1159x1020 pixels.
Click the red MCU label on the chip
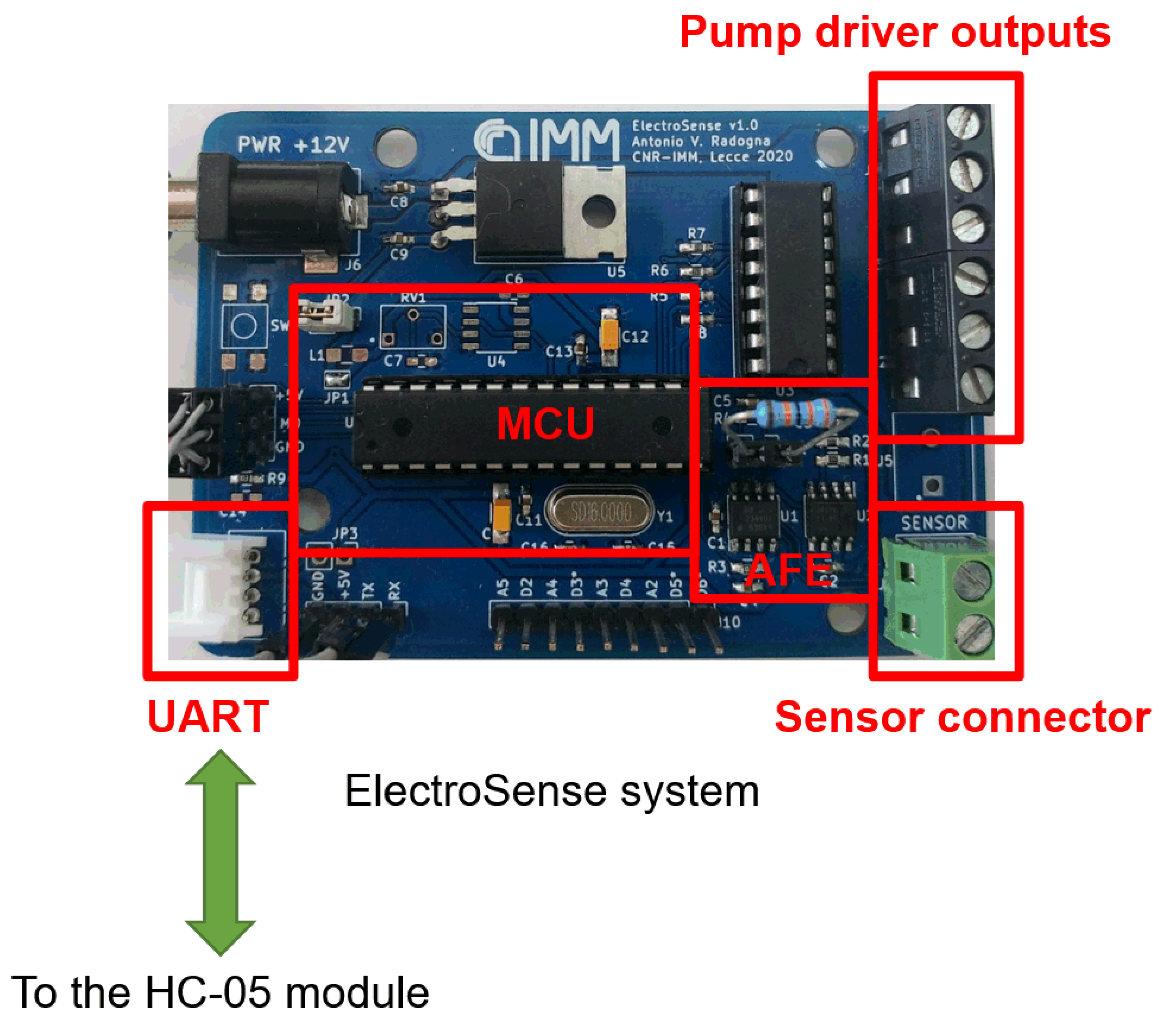[545, 424]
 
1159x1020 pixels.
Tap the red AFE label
[788, 569]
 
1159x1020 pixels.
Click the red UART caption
[208, 717]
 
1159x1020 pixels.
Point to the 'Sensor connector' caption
[962, 717]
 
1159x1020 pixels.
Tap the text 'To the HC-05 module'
[220, 991]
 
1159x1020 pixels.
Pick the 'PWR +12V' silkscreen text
[293, 145]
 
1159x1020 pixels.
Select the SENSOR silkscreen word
[934, 522]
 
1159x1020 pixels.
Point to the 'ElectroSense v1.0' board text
[694, 125]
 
